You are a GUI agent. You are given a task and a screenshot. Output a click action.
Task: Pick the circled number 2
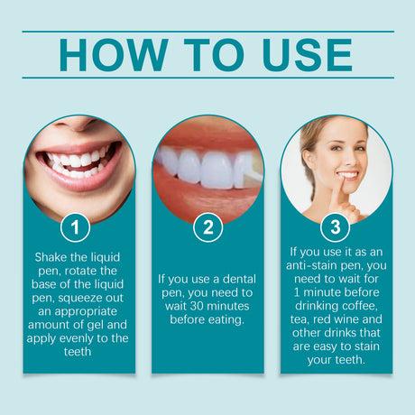coord(207,227)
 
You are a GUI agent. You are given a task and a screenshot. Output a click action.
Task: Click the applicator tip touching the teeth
coord(250,168)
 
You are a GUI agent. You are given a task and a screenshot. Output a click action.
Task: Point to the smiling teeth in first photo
coord(77,162)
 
